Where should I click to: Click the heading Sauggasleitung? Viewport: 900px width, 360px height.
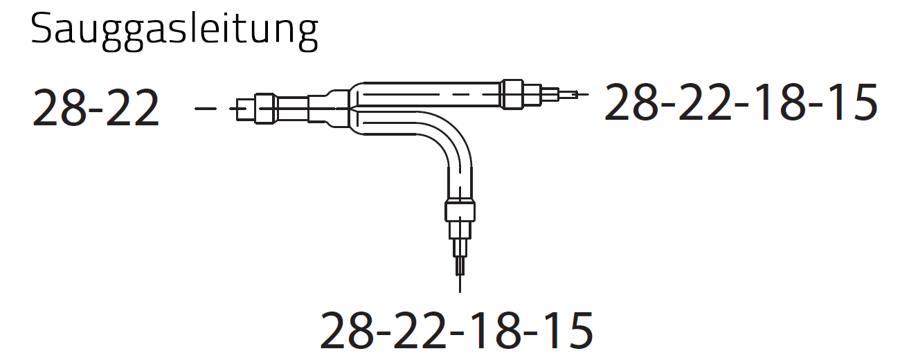(174, 31)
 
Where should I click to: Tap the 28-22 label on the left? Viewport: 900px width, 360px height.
(96, 108)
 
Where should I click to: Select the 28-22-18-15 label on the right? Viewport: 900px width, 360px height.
(741, 102)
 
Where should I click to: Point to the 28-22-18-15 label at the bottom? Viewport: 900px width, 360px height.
(456, 330)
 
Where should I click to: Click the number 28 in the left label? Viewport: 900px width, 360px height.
(60, 108)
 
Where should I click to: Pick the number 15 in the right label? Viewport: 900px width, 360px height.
(852, 102)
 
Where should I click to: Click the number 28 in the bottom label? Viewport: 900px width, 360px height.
(347, 330)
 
